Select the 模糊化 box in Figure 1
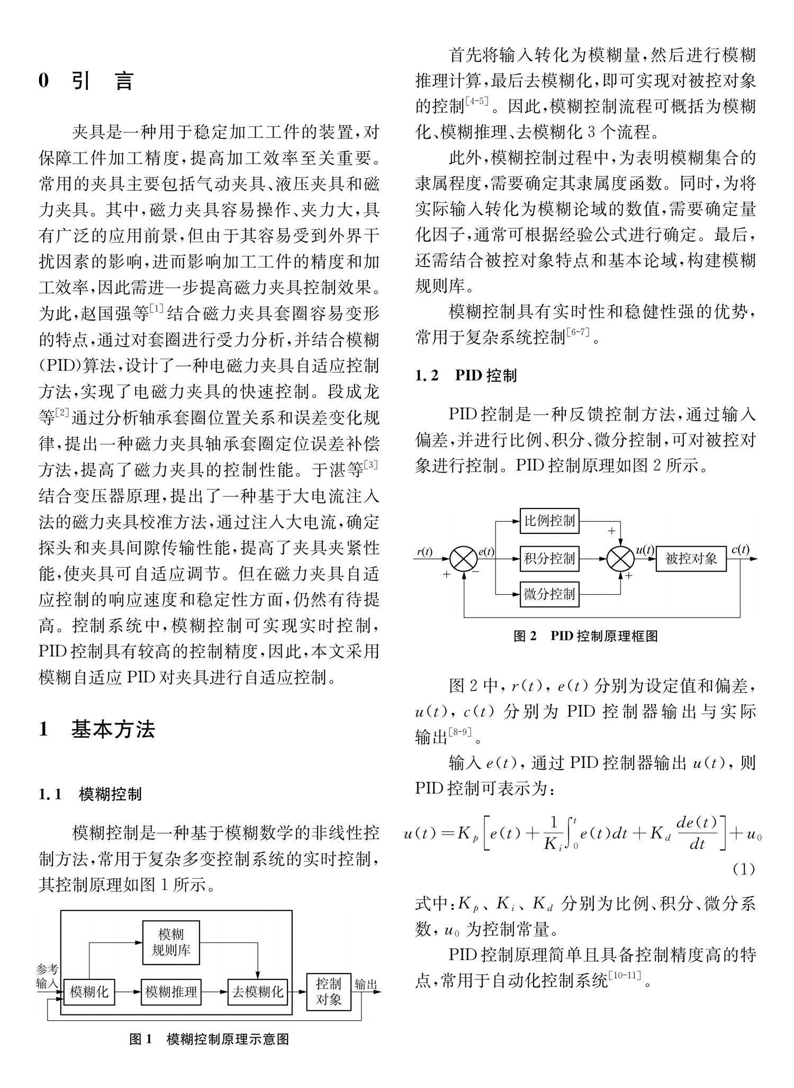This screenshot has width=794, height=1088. (x=89, y=992)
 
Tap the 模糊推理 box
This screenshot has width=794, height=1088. (x=172, y=992)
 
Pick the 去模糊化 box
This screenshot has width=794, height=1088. (x=258, y=992)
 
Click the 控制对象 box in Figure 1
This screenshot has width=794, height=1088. (x=328, y=992)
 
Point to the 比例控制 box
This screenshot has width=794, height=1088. (x=549, y=521)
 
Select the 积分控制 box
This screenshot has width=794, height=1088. (x=549, y=558)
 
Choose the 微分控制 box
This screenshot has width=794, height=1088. (x=549, y=594)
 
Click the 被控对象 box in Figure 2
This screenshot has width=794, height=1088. (x=691, y=558)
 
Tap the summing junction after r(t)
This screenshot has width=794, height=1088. (x=464, y=558)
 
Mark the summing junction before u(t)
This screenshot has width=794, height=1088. (x=620, y=558)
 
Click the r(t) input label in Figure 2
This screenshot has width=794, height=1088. (x=425, y=551)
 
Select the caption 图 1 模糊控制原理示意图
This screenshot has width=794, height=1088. (x=209, y=1039)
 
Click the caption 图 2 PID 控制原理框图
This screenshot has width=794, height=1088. (x=585, y=636)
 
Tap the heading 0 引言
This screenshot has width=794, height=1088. (x=86, y=82)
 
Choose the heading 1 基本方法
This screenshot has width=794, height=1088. (x=97, y=729)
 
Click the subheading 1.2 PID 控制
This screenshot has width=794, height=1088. (x=466, y=376)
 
